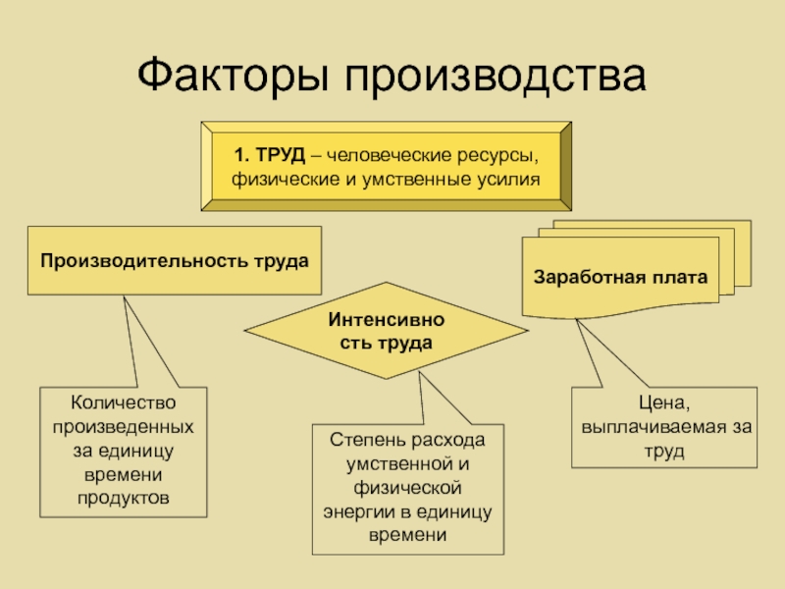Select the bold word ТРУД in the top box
pos(279,155)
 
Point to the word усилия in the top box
pos(509,180)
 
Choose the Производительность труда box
pos(174,261)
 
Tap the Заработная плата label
pos(620,278)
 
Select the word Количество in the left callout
pos(124,403)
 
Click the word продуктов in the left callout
pos(124,498)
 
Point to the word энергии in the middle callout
pos(359,512)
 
